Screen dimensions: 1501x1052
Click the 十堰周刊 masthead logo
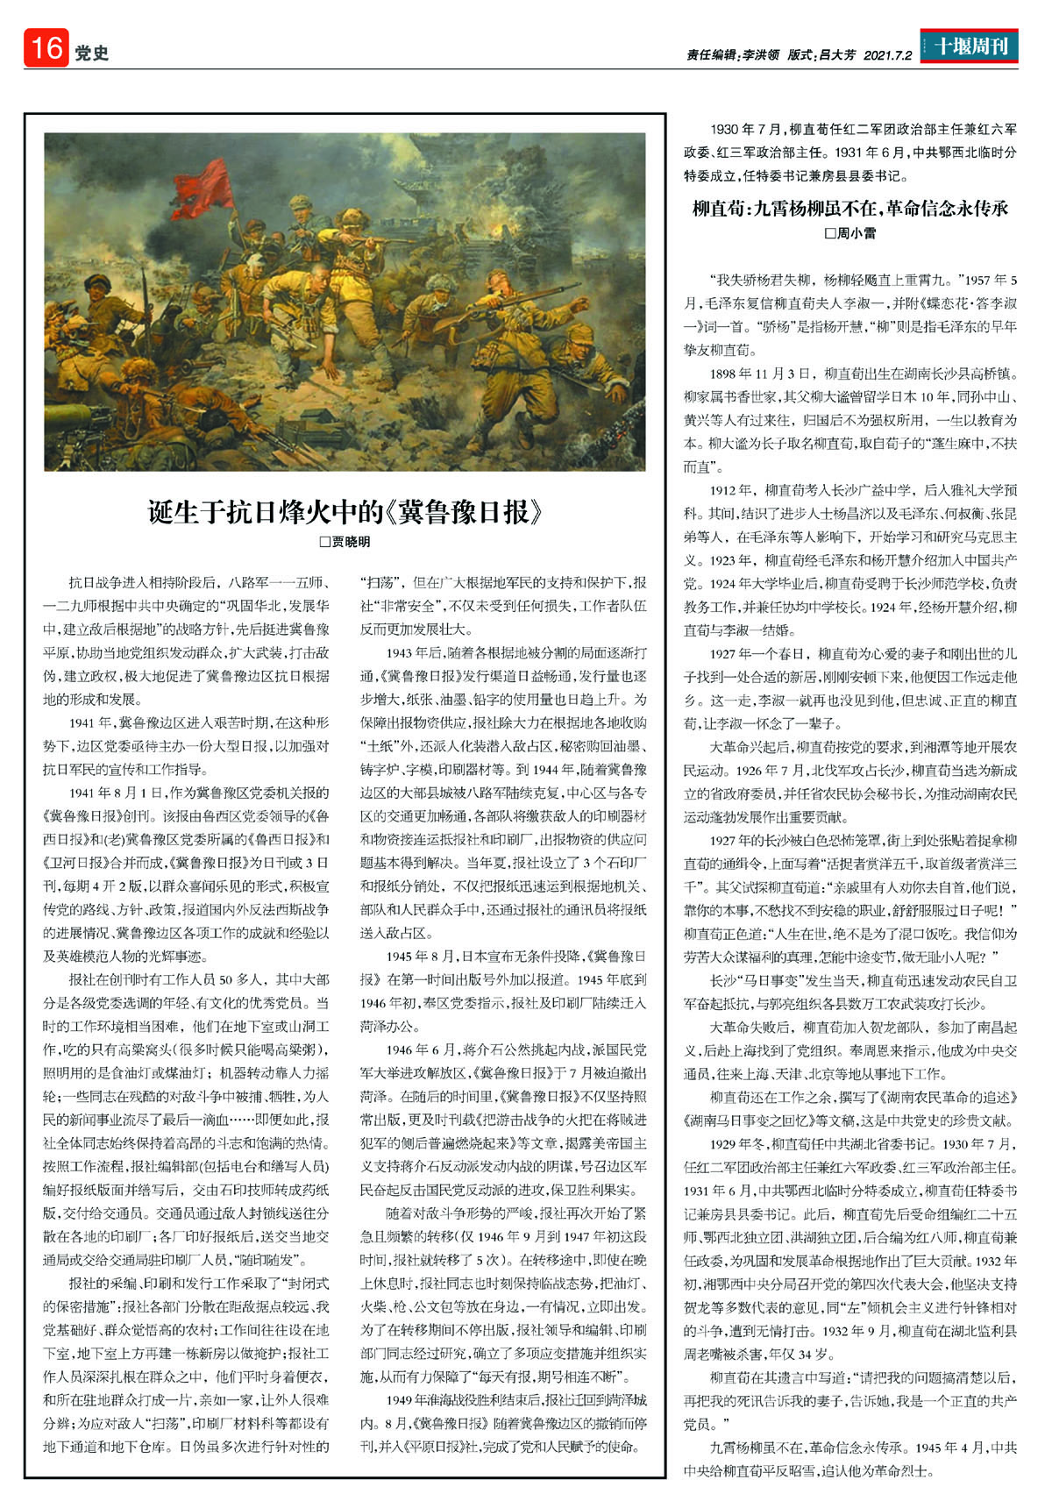tap(969, 47)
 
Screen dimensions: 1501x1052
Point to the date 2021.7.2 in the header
tap(887, 54)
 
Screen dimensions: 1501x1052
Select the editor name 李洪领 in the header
tap(760, 54)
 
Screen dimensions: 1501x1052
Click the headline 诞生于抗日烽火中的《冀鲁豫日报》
tap(345, 511)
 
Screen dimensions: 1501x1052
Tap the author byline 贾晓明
tap(345, 542)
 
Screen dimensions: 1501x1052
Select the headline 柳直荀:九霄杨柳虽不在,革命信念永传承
tap(850, 209)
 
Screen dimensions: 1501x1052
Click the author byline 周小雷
tap(850, 233)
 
